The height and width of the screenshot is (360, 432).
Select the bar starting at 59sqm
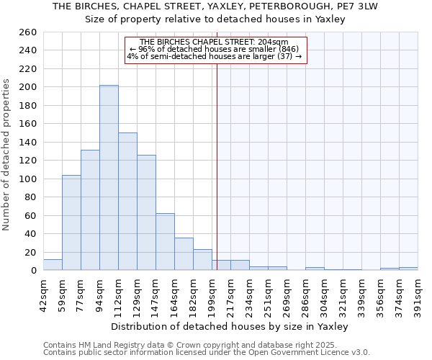coord(71,222)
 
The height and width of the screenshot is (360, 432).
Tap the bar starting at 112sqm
coord(127,202)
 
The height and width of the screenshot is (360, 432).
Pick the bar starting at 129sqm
coord(146,212)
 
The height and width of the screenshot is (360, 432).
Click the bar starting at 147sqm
coord(165,242)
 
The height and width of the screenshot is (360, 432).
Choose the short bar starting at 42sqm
coord(53,265)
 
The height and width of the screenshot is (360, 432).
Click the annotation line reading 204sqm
coord(215,42)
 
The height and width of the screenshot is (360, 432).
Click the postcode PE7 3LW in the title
coord(367,6)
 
